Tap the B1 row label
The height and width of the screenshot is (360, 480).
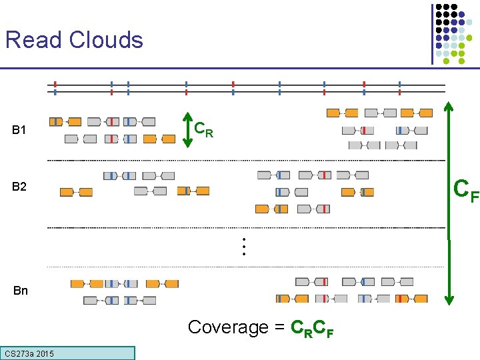coord(19,130)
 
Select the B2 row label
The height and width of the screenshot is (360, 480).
coord(19,187)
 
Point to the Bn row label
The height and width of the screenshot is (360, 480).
coord(20,291)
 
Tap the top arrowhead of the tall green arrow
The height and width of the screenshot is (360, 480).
coord(449,105)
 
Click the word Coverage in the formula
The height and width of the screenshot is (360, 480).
coord(227,327)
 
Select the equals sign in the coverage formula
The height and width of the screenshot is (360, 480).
coord(279,327)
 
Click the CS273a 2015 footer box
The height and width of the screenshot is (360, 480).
coord(68,353)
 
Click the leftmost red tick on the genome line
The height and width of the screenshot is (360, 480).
coord(55,87)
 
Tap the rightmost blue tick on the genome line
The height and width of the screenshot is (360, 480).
coord(399,87)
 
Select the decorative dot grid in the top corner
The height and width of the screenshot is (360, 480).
coord(459,33)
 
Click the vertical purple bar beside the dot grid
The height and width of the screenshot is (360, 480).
coord(432,33)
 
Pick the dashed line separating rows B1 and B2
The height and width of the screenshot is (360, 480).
coord(247,161)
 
